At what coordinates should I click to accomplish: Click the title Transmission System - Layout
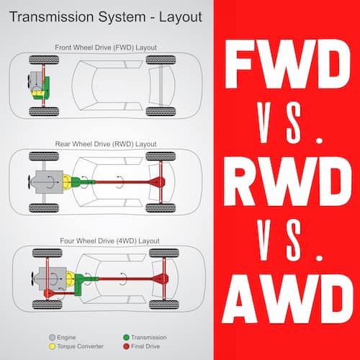106,17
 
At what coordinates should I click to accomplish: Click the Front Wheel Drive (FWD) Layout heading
106,48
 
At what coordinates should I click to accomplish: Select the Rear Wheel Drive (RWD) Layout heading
106,144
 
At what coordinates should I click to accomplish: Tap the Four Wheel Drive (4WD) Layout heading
109,240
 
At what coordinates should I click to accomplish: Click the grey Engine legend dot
52,338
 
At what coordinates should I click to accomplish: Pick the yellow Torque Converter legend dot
52,346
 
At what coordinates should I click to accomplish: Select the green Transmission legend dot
126,338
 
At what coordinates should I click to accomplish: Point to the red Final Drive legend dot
126,346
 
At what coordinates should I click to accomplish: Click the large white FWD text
287,64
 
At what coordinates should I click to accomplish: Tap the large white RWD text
287,181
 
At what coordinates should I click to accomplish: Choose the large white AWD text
287,299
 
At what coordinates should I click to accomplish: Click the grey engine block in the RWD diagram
49,182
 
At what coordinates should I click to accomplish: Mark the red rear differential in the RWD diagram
157,182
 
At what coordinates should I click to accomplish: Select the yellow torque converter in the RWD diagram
67,182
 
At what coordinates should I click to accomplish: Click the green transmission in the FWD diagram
45,88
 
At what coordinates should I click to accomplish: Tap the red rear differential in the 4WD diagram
161,279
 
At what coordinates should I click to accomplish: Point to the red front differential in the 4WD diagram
49,293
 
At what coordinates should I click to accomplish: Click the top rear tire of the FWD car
161,60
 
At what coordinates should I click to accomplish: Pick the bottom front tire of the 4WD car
48,305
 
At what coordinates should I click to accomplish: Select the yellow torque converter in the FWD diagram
37,93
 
